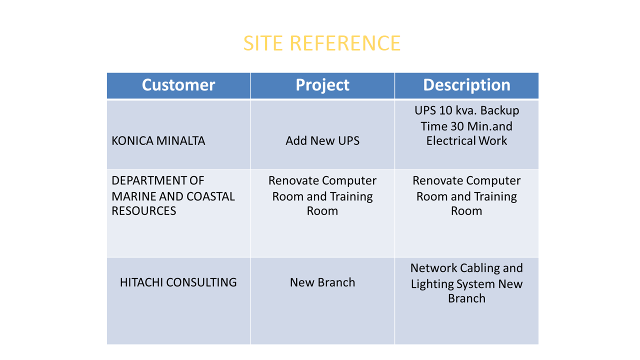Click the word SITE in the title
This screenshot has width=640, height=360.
point(263,43)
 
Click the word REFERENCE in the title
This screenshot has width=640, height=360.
point(345,43)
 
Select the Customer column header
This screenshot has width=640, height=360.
point(178,85)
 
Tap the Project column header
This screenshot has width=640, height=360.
point(322,85)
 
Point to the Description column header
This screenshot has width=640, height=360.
point(466,85)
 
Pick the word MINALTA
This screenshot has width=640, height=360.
point(180,141)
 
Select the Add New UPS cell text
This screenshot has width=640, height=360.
point(322,141)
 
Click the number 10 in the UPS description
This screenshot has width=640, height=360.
point(446,110)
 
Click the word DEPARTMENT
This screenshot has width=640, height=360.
point(146,180)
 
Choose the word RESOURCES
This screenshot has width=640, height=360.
point(143,211)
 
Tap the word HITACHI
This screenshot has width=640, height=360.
point(141,282)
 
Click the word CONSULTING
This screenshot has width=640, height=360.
point(201,282)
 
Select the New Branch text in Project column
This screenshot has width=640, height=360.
point(322,282)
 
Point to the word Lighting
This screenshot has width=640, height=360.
point(432,284)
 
